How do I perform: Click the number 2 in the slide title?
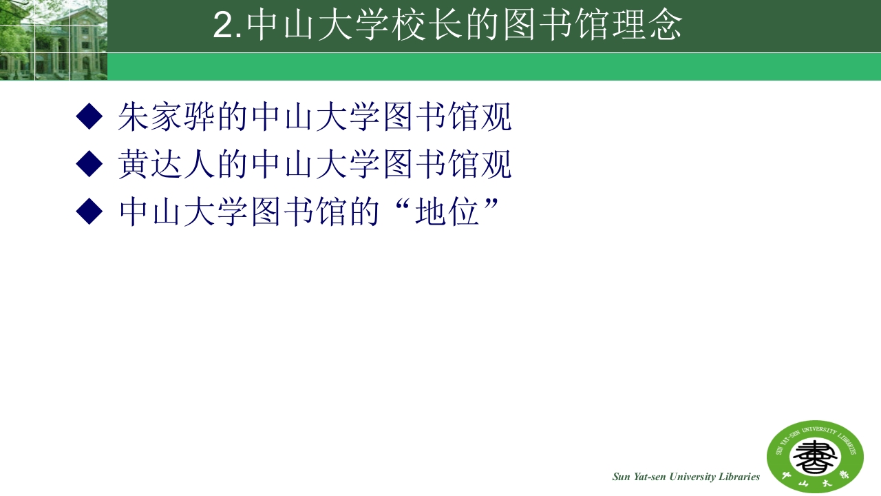coord(224,26)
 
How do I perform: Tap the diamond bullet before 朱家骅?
coord(89,116)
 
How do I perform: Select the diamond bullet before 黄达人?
coord(89,164)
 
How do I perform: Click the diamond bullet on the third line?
coord(89,211)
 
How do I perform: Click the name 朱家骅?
coord(167,116)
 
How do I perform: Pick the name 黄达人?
coord(167,164)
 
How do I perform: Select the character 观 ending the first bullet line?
coord(496,116)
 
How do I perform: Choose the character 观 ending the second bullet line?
coord(496,164)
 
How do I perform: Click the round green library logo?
coord(815,456)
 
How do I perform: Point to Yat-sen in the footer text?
coord(644,477)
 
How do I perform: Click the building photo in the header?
coord(53,40)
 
